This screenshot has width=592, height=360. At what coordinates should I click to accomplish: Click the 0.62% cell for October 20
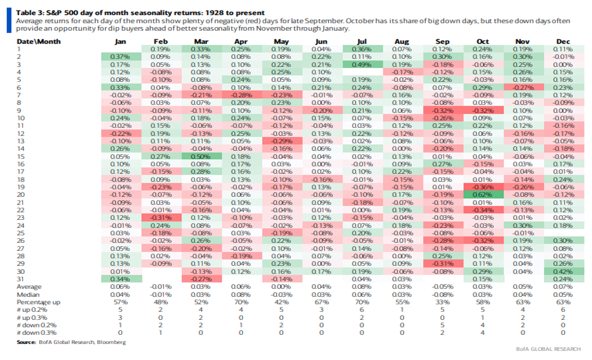point(482,194)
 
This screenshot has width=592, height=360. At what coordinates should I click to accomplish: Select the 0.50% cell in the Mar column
point(200,156)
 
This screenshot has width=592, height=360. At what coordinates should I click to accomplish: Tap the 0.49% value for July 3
point(362,64)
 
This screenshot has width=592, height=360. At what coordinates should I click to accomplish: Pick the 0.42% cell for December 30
point(563,271)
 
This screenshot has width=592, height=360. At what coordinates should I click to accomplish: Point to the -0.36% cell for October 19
point(482,187)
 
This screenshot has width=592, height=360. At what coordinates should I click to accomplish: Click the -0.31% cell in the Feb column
point(160,217)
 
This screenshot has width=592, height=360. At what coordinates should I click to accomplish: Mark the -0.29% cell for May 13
point(281,141)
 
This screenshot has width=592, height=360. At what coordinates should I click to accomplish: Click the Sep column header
point(442,42)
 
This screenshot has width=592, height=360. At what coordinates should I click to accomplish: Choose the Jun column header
point(321,42)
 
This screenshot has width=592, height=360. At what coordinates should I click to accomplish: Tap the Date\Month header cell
point(39,42)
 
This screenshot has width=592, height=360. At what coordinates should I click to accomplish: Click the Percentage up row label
point(39,302)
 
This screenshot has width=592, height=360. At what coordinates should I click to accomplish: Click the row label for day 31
point(20,279)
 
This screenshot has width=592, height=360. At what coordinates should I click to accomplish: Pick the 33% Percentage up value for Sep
point(442,302)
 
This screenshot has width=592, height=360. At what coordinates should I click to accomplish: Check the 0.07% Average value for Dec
point(563,287)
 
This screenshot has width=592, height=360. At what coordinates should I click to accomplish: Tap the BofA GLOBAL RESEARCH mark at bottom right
point(548,349)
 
